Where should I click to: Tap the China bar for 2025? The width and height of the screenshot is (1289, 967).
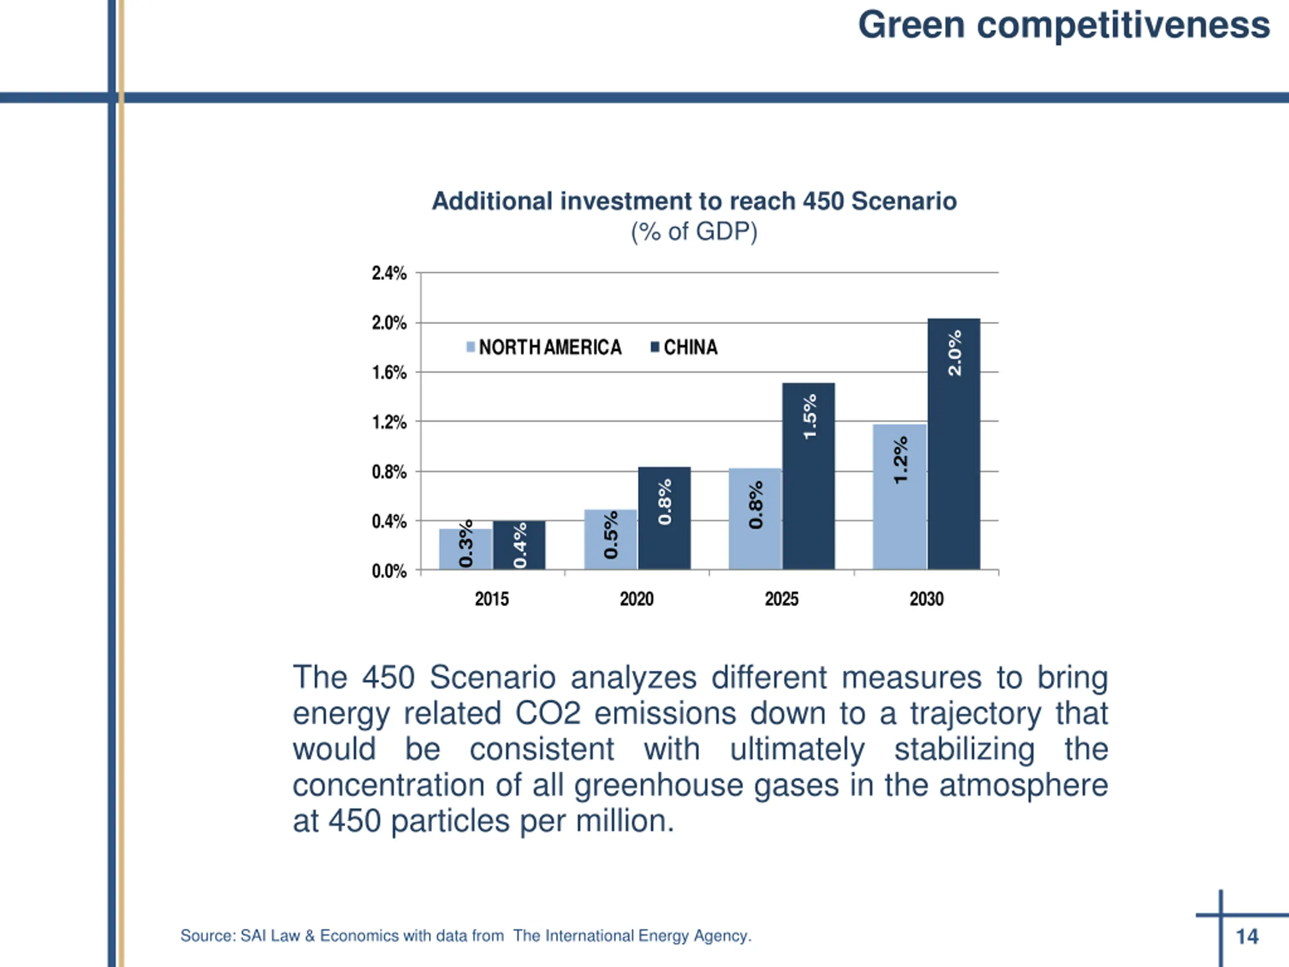pyautogui.click(x=808, y=475)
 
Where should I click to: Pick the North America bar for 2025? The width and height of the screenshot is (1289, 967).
pyautogui.click(x=755, y=518)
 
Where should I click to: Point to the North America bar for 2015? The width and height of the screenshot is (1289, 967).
pyautogui.click(x=466, y=548)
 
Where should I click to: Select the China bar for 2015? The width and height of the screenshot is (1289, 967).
pyautogui.click(x=519, y=544)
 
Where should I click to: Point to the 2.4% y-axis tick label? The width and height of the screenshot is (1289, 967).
pyautogui.click(x=389, y=273)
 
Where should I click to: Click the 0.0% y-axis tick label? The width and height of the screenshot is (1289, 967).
pyautogui.click(x=389, y=571)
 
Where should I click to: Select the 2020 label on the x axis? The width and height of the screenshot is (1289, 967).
pyautogui.click(x=636, y=599)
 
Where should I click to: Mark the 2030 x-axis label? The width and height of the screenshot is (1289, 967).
pyautogui.click(x=926, y=599)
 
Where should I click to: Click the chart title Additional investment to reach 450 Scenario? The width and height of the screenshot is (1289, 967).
pyautogui.click(x=694, y=201)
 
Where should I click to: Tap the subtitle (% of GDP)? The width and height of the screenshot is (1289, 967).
pyautogui.click(x=694, y=231)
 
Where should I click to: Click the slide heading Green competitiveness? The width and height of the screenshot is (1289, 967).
pyautogui.click(x=1063, y=25)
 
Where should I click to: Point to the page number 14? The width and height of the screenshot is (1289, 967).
pyautogui.click(x=1247, y=936)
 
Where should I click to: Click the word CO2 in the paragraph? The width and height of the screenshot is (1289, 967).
pyautogui.click(x=548, y=714)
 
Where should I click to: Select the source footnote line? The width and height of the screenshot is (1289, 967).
pyautogui.click(x=466, y=936)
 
